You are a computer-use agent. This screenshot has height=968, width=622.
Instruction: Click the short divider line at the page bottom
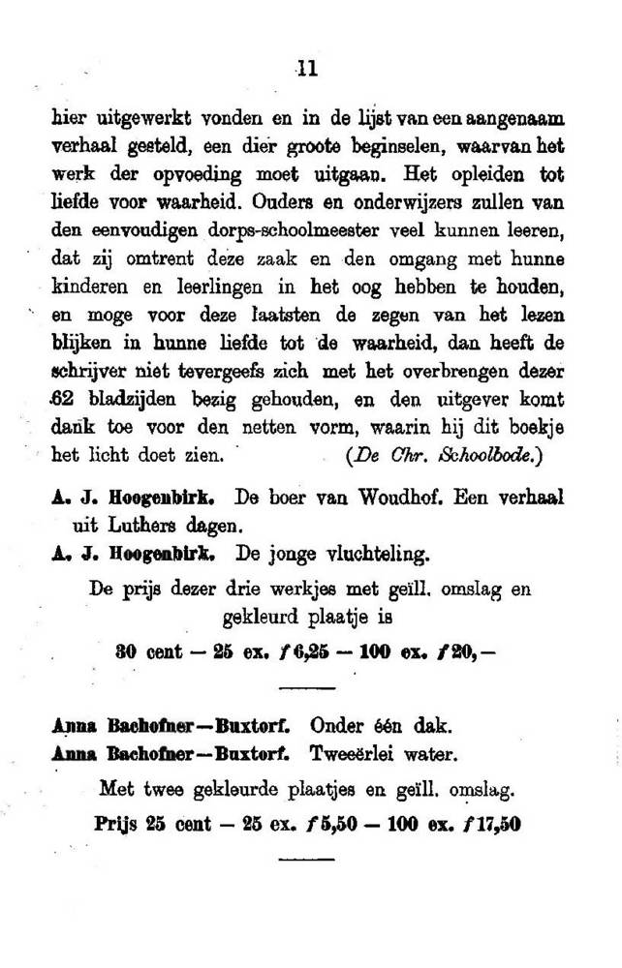click(306, 859)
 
